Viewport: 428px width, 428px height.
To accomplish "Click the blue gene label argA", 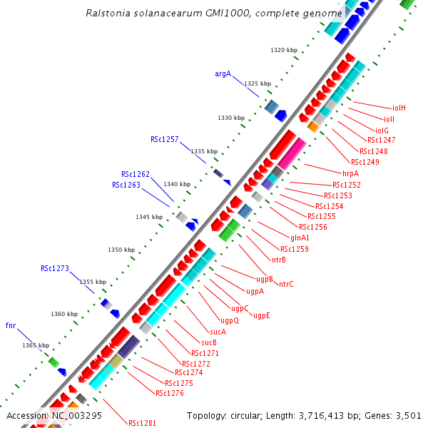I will click(x=223, y=73).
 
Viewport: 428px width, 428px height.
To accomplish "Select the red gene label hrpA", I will click(x=350, y=173).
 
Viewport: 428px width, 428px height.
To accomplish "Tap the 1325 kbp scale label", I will click(x=258, y=83).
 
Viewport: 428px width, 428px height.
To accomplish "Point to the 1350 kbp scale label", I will click(x=121, y=250).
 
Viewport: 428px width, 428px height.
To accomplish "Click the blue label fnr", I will click(x=11, y=325).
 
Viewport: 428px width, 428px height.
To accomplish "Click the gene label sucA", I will click(x=218, y=332).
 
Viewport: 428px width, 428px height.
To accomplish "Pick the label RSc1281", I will click(x=142, y=423).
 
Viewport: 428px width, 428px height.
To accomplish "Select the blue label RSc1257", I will click(x=164, y=139).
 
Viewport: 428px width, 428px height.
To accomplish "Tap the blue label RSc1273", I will click(x=55, y=268).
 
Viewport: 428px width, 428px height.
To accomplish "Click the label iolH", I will click(x=399, y=108).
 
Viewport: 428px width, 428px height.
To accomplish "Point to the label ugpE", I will click(x=262, y=315).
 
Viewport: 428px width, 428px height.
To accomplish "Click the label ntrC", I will click(x=286, y=284).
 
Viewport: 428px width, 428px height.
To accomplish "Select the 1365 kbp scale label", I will click(x=36, y=345).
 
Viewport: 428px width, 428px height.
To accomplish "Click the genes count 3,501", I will click(x=408, y=415).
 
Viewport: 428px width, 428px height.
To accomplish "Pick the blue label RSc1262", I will click(x=136, y=174).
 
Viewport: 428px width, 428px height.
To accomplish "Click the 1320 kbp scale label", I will click(x=284, y=50).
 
